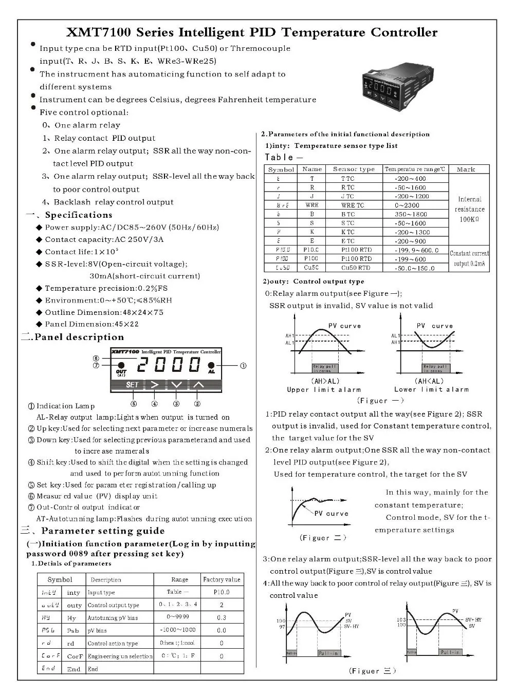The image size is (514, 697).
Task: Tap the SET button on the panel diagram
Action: [132, 384]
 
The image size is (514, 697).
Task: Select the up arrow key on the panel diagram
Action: [198, 384]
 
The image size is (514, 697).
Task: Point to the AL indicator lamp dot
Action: [211, 365]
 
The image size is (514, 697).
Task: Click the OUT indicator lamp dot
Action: [122, 365]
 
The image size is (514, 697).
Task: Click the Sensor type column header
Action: [354, 169]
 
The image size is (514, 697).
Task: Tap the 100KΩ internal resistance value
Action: [469, 219]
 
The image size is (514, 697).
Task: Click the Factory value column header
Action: [222, 579]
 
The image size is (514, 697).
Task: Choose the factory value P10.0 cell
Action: [222, 592]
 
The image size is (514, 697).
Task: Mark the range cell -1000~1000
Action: [177, 630]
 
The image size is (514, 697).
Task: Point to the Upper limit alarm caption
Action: [324, 390]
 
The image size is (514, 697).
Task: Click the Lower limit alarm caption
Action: [431, 390]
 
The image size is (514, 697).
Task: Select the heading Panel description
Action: [79, 337]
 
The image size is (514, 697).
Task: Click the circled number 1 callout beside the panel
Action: [243, 366]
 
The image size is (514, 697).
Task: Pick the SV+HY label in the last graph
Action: [473, 620]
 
